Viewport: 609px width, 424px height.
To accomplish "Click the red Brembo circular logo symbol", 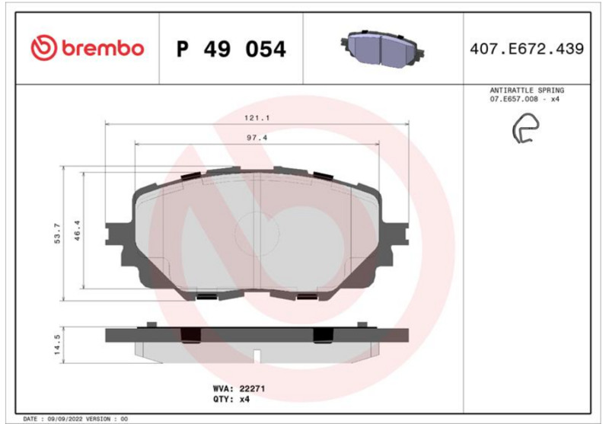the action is (44, 48).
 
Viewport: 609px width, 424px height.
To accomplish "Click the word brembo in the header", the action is (103, 48).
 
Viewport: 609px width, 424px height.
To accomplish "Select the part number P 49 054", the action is (231, 49).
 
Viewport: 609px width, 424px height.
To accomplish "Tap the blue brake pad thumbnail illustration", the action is (383, 48).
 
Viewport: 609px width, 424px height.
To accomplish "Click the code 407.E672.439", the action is (527, 49).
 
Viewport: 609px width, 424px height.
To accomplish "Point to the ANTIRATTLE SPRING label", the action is (527, 90).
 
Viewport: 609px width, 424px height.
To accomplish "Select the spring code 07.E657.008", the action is (514, 99).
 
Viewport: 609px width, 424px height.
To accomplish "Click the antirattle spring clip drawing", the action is (525, 128).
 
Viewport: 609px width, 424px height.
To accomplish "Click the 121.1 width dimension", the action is (257, 118).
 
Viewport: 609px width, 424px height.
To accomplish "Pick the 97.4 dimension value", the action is (257, 138).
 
